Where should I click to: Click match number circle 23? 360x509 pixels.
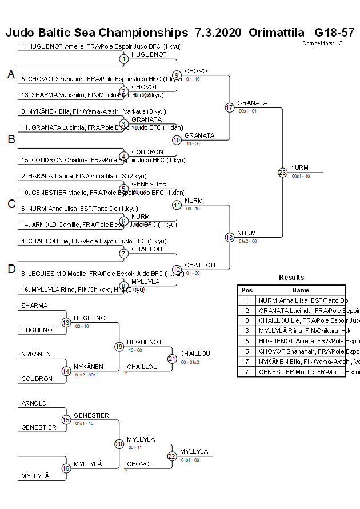click(282, 173)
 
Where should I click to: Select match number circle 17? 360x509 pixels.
click(230, 107)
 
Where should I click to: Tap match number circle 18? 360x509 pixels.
click(230, 237)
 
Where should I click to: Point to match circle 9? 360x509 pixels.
click(177, 75)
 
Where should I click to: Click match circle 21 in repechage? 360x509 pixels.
click(172, 359)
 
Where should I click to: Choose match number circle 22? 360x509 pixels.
click(172, 456)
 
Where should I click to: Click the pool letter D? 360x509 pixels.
click(10, 269)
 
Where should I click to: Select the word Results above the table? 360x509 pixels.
click(291, 278)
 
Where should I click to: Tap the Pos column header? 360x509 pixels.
click(247, 290)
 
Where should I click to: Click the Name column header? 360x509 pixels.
click(301, 290)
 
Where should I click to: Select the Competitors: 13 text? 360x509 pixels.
click(322, 43)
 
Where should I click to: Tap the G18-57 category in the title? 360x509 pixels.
click(334, 32)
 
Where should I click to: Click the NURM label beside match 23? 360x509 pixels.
click(299, 167)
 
